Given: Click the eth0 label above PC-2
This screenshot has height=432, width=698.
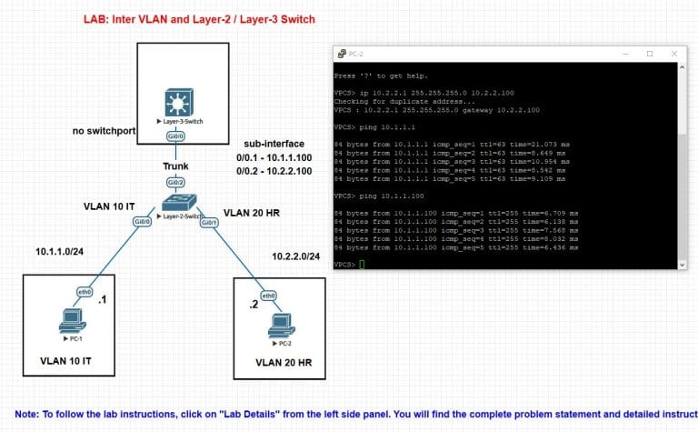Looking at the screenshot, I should click(268, 296).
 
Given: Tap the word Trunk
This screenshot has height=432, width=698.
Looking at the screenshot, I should click(175, 166).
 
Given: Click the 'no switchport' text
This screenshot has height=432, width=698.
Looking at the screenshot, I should click(104, 131).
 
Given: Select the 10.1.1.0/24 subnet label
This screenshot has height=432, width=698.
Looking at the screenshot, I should click(63, 251).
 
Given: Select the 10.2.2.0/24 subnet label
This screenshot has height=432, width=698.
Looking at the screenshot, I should click(295, 257).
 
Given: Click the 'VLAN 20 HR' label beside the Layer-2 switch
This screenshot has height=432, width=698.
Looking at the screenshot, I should click(252, 212).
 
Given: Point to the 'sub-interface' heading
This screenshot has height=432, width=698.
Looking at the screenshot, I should click(272, 145).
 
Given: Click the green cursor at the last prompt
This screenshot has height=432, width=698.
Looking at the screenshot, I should click(361, 264).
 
